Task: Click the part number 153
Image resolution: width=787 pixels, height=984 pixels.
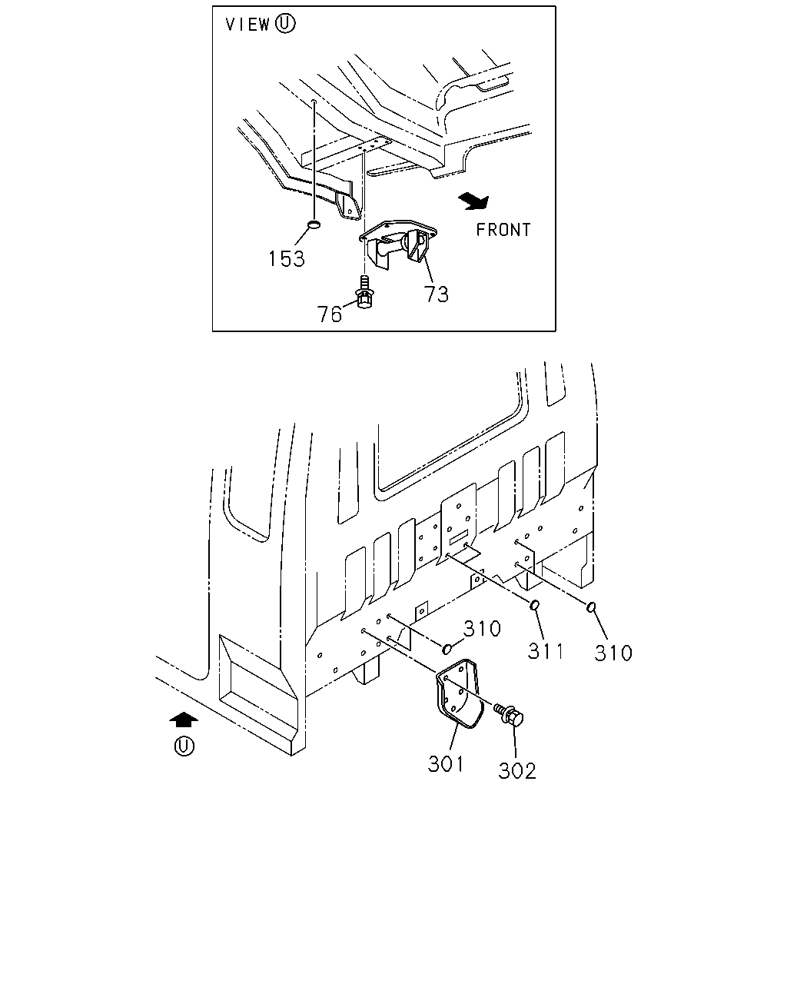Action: coord(286,259)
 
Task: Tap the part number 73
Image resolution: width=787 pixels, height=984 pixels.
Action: coord(437,294)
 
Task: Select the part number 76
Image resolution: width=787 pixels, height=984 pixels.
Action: coord(329,314)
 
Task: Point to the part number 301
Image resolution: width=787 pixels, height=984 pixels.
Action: coord(446,764)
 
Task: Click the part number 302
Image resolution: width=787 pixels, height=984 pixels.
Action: coord(516,771)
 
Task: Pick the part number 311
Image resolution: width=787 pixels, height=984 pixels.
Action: coord(546,650)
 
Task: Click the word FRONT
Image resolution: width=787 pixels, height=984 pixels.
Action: coord(503,230)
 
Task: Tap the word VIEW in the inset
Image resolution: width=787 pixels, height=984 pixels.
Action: coord(247,25)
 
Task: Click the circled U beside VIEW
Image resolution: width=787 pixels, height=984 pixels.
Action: coord(285,24)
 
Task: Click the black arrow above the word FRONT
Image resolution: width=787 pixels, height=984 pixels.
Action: coord(474,201)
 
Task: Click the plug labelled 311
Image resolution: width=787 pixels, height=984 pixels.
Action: coord(534,605)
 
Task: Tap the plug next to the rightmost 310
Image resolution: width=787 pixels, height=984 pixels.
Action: coord(591,607)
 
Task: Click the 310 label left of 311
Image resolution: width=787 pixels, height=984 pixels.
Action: coord(482,629)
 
